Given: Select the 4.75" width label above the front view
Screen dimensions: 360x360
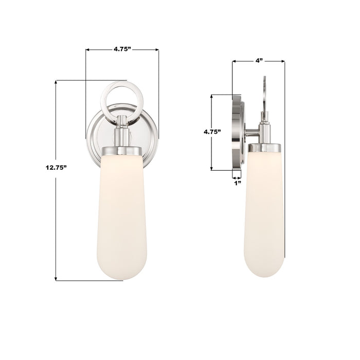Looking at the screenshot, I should point(122,49).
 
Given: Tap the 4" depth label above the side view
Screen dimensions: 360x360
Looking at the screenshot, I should point(259,61).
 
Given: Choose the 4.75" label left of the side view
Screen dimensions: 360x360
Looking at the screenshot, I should point(212,132).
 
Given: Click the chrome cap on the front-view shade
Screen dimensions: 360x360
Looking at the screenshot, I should point(122,151).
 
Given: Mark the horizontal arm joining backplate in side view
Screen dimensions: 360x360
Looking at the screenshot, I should point(253,135).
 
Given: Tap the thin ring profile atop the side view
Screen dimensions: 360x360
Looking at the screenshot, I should point(265,95).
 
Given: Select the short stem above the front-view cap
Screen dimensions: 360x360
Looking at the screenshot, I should point(122,135).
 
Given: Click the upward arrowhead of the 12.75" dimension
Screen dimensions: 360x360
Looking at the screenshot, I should point(56,82).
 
